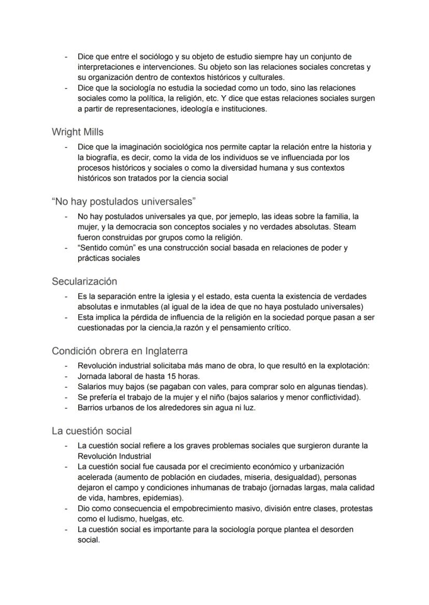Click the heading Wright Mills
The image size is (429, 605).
tap(77, 132)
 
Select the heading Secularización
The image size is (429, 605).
tap(84, 282)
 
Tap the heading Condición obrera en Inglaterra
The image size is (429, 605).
tap(120, 351)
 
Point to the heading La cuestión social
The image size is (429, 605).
tap(92, 431)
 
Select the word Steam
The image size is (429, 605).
tap(346, 227)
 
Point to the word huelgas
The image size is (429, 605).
tap(160, 519)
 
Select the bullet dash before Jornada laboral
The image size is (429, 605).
tap(66, 376)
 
